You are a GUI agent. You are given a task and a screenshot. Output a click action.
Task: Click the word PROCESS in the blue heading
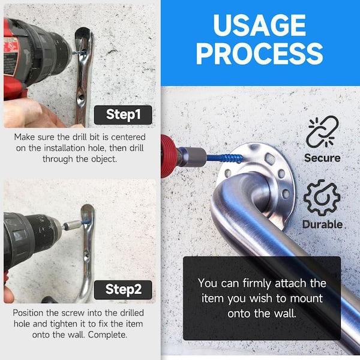(x=259, y=54)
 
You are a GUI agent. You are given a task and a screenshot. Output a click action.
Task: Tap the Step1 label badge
(x=123, y=115)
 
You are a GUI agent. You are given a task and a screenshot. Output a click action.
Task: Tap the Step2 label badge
(x=123, y=290)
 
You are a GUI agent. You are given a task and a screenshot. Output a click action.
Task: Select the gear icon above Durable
(x=322, y=197)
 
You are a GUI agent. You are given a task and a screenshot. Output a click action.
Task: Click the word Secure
(x=322, y=158)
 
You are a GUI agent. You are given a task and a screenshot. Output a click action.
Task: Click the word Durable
(x=322, y=224)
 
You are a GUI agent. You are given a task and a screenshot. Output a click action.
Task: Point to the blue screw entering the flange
(x=225, y=158)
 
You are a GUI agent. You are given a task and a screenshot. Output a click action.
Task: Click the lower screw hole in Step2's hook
(x=87, y=255)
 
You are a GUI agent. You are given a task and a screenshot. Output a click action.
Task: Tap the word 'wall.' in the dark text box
(x=285, y=313)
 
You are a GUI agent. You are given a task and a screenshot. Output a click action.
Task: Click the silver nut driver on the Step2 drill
(x=72, y=224)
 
